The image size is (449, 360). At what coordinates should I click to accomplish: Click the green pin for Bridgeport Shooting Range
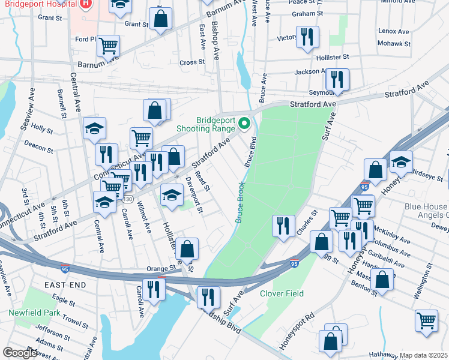pos(244,124)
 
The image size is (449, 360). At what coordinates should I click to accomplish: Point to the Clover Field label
pos(282,293)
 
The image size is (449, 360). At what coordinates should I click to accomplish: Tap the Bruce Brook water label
pos(240,202)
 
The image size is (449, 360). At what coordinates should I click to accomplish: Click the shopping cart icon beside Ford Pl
pos(108,45)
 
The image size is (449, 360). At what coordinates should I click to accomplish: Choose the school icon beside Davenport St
pos(172,195)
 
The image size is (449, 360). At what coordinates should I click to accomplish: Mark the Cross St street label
pos(192,62)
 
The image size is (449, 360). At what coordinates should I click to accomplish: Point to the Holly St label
pos(42,128)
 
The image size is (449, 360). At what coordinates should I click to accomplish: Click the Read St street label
pos(201,179)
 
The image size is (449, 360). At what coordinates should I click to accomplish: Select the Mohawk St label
pos(394,44)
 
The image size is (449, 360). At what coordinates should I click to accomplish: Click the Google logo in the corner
pos(19,353)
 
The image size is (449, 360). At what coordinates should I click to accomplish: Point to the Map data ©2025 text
pos(424,355)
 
